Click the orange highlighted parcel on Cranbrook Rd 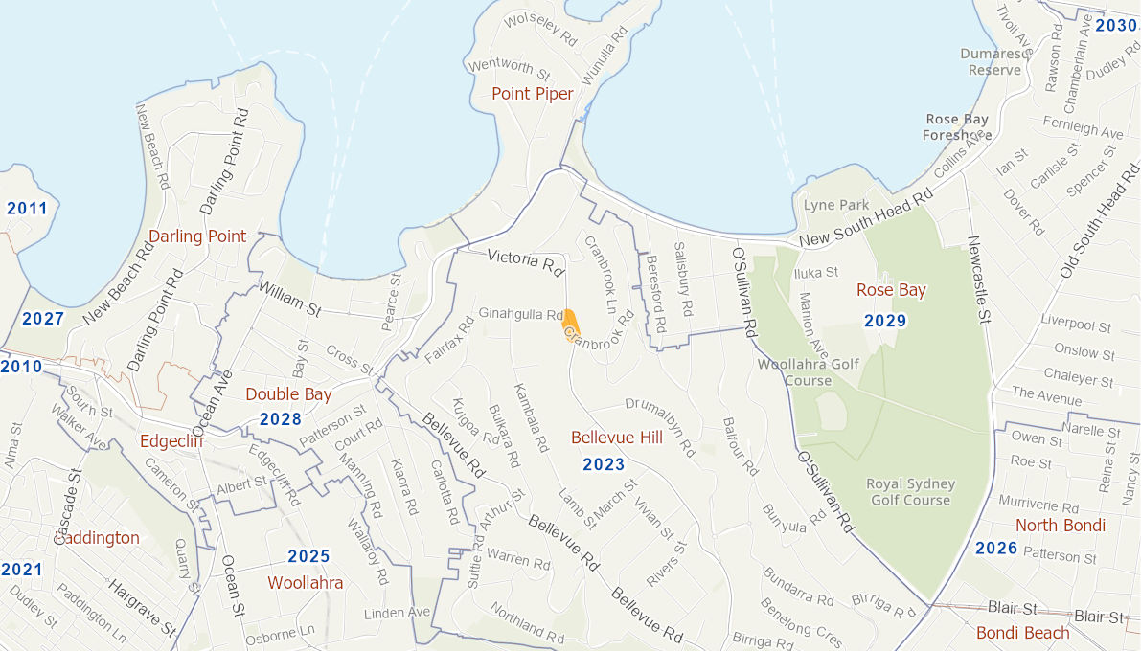tap(569, 323)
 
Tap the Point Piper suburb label tap(532, 93)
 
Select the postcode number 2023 tap(604, 465)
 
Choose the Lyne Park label tap(836, 205)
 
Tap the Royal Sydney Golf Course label tap(908, 492)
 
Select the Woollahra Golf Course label tap(794, 371)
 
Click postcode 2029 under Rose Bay tap(884, 321)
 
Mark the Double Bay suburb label tap(288, 394)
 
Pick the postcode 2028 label tap(280, 419)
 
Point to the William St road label tap(289, 297)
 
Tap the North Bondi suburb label tap(1060, 525)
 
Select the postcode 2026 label tap(996, 549)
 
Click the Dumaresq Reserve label tap(994, 62)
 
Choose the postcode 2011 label tap(27, 208)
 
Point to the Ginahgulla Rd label tap(520, 314)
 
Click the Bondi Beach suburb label tap(1022, 633)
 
